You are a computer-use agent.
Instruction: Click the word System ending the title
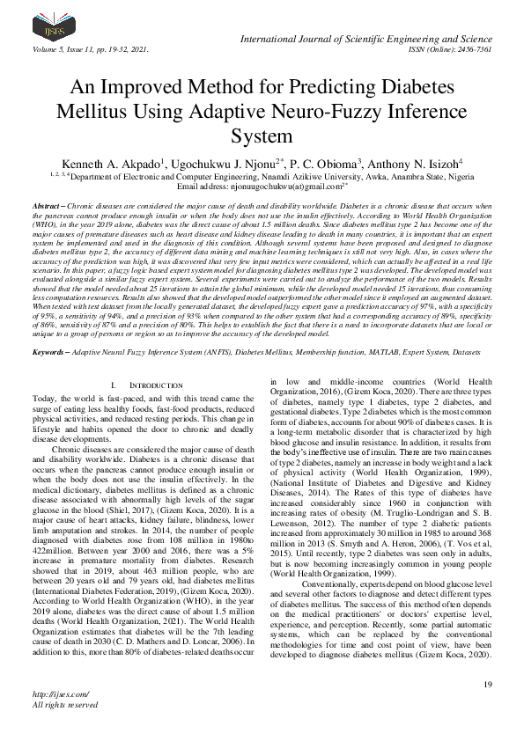[x=262, y=137]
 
